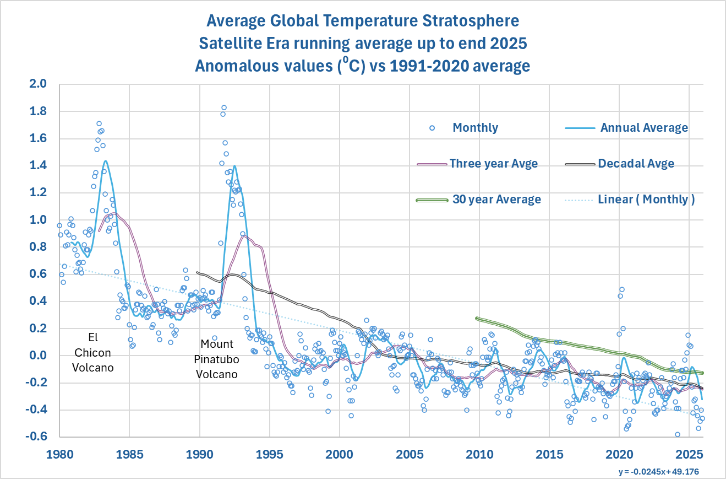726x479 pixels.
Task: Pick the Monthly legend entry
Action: pos(475,128)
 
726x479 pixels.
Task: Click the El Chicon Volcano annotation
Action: pos(93,353)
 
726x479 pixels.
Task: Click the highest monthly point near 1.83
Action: pos(224,107)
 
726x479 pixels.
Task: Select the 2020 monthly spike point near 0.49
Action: pos(621,289)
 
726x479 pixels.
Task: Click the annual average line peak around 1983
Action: pos(105,161)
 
